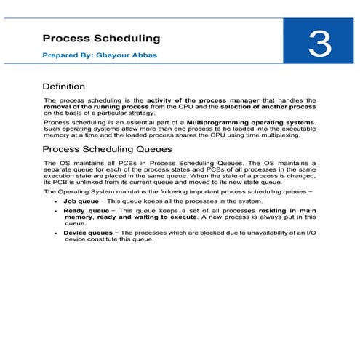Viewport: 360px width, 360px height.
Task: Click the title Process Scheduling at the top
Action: coord(101,38)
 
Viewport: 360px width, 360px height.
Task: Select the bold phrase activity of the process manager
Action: coord(196,100)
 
